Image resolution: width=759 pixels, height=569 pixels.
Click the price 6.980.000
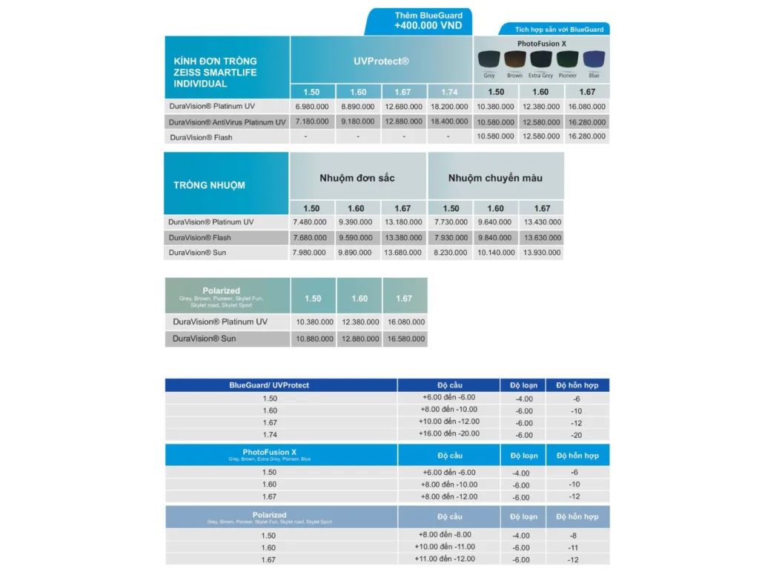click(x=311, y=107)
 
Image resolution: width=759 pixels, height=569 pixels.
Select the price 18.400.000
click(x=449, y=122)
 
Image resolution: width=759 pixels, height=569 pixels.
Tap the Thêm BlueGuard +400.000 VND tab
click(x=418, y=21)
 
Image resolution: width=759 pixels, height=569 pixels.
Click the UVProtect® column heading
click(x=381, y=61)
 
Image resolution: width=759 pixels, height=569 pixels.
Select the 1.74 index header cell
click(x=449, y=92)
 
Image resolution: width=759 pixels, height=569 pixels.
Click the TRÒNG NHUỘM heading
click(x=209, y=185)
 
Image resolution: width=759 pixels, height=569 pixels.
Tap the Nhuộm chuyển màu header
click(x=495, y=178)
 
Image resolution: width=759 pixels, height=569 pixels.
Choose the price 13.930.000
click(x=542, y=253)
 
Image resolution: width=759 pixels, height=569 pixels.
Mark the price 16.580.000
click(x=405, y=339)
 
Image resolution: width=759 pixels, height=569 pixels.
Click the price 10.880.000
click(x=313, y=339)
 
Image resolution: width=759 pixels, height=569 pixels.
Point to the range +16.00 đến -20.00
click(x=450, y=433)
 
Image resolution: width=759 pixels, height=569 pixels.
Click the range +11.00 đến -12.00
click(x=448, y=559)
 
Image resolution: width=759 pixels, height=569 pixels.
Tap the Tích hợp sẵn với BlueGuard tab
click(x=560, y=30)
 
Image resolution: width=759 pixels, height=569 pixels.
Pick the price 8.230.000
click(x=451, y=253)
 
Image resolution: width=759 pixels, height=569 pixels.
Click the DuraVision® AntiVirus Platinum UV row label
click(x=227, y=122)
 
